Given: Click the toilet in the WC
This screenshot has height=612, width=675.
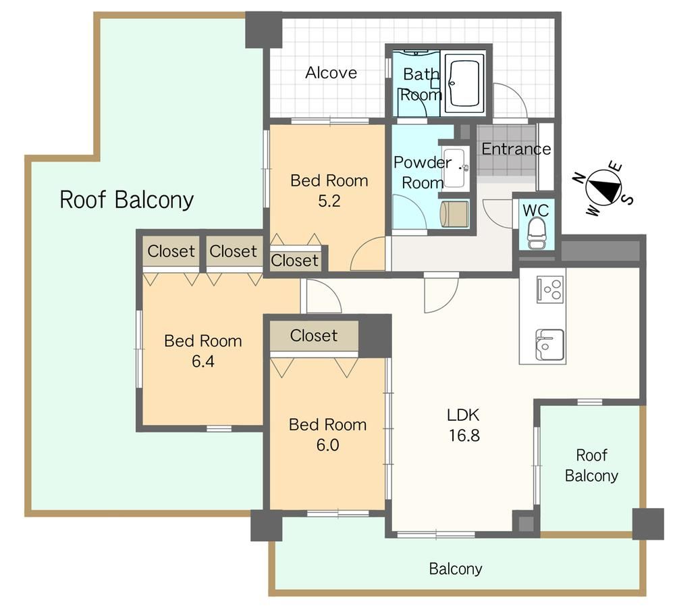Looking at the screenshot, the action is click(x=537, y=233).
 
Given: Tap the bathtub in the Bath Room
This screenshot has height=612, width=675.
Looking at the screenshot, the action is click(x=464, y=82).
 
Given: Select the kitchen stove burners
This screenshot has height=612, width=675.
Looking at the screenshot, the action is click(x=551, y=288).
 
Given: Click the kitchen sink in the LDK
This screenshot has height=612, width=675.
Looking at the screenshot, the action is click(x=549, y=344).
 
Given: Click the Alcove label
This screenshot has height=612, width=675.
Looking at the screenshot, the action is click(x=331, y=72).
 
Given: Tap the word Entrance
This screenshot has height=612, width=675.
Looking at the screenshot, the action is click(x=516, y=149).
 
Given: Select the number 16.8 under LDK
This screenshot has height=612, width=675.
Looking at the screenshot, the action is click(x=464, y=435).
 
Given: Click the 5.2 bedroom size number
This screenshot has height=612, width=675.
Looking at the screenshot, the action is click(x=329, y=201).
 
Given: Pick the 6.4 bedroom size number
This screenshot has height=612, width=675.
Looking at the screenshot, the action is click(x=202, y=361).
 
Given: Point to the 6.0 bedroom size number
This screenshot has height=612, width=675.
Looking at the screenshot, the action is click(x=327, y=444).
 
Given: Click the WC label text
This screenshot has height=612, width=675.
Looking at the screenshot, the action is click(x=535, y=211).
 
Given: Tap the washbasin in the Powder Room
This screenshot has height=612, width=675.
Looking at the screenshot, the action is click(x=454, y=168).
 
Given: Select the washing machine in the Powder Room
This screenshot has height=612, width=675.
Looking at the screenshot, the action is click(x=454, y=213).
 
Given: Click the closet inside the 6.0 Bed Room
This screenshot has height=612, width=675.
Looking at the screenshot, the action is click(x=314, y=336).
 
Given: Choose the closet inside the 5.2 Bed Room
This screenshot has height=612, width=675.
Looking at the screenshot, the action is click(x=295, y=259).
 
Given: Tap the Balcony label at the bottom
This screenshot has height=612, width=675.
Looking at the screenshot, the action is click(x=456, y=569).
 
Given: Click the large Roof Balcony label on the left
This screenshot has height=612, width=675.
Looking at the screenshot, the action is click(x=127, y=199).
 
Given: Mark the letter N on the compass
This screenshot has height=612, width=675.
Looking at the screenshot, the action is click(x=579, y=177).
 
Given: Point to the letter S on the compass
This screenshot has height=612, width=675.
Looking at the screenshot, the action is click(x=628, y=199).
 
